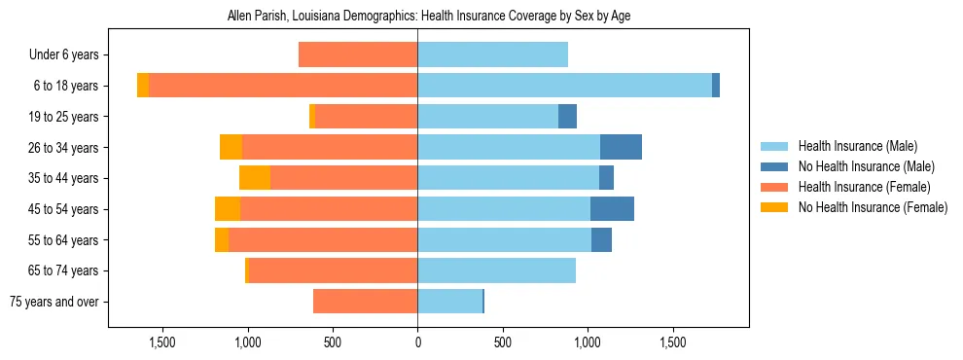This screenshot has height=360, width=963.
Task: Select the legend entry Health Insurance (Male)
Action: coord(856,146)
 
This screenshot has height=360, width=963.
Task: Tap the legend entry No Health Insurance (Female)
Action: coord(873,207)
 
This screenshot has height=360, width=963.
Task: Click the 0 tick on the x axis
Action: coord(417,342)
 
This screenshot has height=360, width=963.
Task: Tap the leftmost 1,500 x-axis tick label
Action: coord(161,342)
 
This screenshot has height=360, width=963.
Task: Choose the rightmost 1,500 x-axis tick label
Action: coord(673,342)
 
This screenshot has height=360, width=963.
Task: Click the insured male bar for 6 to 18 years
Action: coord(564,86)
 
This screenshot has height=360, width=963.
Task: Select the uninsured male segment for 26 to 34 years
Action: coord(621,147)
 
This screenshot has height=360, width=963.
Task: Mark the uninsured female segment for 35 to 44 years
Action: coord(255,178)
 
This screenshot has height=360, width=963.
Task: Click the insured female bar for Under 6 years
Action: coord(358,54)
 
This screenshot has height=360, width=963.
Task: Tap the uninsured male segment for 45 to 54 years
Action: coord(612,209)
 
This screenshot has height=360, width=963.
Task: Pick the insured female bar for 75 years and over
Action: coord(365,302)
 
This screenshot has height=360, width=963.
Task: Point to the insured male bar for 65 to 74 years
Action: coord(496,270)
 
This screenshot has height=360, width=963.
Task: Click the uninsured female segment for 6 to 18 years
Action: coord(143,86)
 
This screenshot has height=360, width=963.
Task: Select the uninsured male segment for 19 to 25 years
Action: coord(567,117)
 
